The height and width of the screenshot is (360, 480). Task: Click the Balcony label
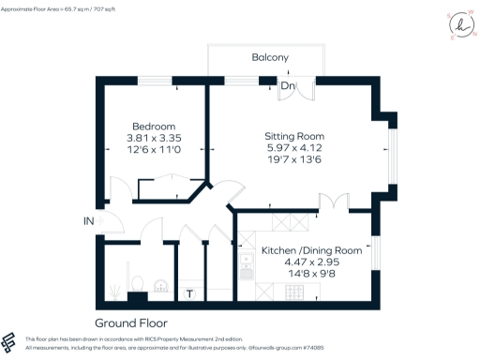pos(269,58)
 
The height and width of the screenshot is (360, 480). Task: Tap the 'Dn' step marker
pos(289,87)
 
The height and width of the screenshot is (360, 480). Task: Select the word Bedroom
pos(154,127)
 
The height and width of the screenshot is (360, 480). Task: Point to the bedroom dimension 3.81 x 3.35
pos(154,139)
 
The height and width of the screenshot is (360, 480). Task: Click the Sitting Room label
pos(294,135)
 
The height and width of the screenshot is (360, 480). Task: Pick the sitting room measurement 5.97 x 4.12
pos(294,147)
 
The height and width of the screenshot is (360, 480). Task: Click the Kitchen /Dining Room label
pos(310,250)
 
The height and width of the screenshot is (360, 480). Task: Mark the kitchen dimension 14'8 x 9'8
pos(310,276)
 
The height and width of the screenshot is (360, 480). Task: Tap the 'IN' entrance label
pos(88,221)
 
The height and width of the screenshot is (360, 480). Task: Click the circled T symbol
pos(190,294)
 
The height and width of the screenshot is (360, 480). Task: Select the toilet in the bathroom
pos(137,282)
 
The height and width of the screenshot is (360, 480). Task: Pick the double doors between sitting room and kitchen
pos(335,202)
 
